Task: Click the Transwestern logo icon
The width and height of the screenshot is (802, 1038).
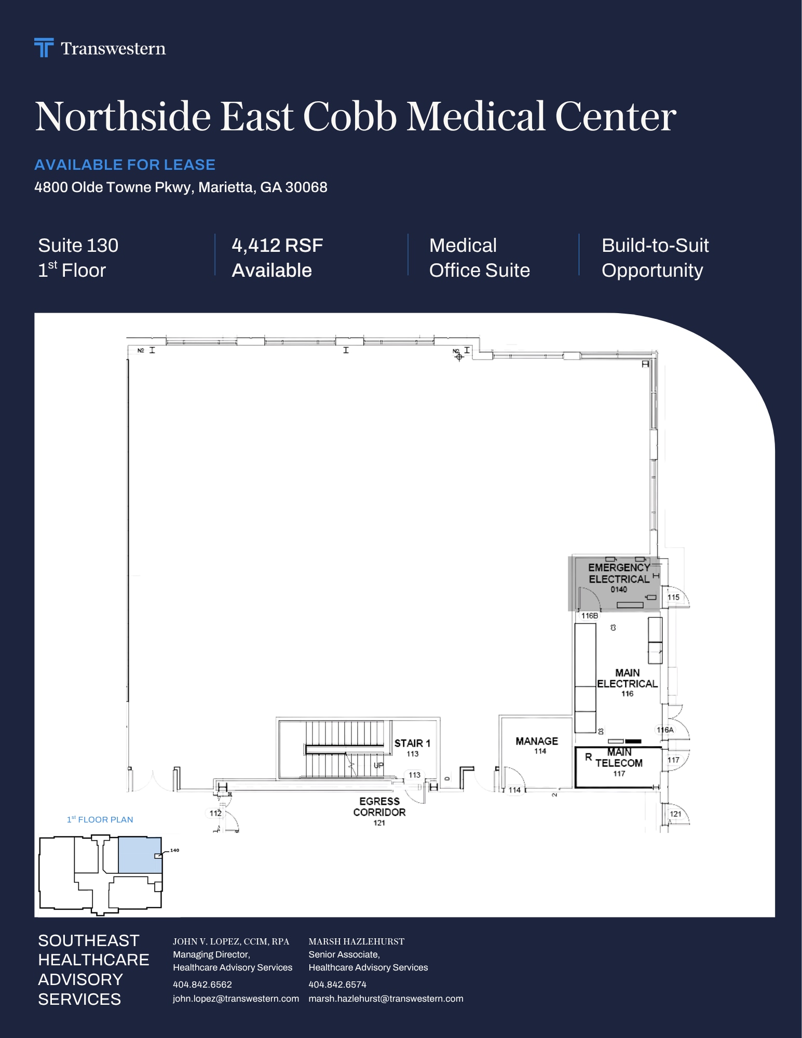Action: [44, 47]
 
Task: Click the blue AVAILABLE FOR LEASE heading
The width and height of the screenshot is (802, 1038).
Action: [125, 165]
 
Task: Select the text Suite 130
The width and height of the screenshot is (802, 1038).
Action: [78, 245]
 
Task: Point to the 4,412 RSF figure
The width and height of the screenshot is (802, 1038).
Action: [277, 245]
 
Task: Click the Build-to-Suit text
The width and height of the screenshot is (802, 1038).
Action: [655, 245]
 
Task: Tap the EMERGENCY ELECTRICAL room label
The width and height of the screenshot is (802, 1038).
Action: [619, 573]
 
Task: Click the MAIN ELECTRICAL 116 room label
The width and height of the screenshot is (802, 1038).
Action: [627, 682]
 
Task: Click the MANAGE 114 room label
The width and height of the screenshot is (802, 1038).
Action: [537, 745]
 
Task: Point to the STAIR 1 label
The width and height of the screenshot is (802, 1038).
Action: [412, 743]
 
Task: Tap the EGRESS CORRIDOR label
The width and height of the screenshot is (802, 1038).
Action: [379, 806]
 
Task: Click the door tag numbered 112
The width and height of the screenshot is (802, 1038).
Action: [215, 813]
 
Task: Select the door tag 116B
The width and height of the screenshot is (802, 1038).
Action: [590, 616]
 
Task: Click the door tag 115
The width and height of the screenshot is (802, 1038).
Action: [673, 597]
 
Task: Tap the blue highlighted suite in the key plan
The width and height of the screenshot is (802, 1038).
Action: [140, 855]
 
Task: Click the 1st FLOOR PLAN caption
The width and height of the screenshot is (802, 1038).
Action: [100, 819]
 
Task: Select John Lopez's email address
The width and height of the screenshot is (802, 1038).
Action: [236, 999]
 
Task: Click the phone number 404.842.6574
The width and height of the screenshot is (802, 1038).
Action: [337, 985]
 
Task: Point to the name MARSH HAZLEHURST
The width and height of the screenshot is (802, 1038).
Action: [356, 941]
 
